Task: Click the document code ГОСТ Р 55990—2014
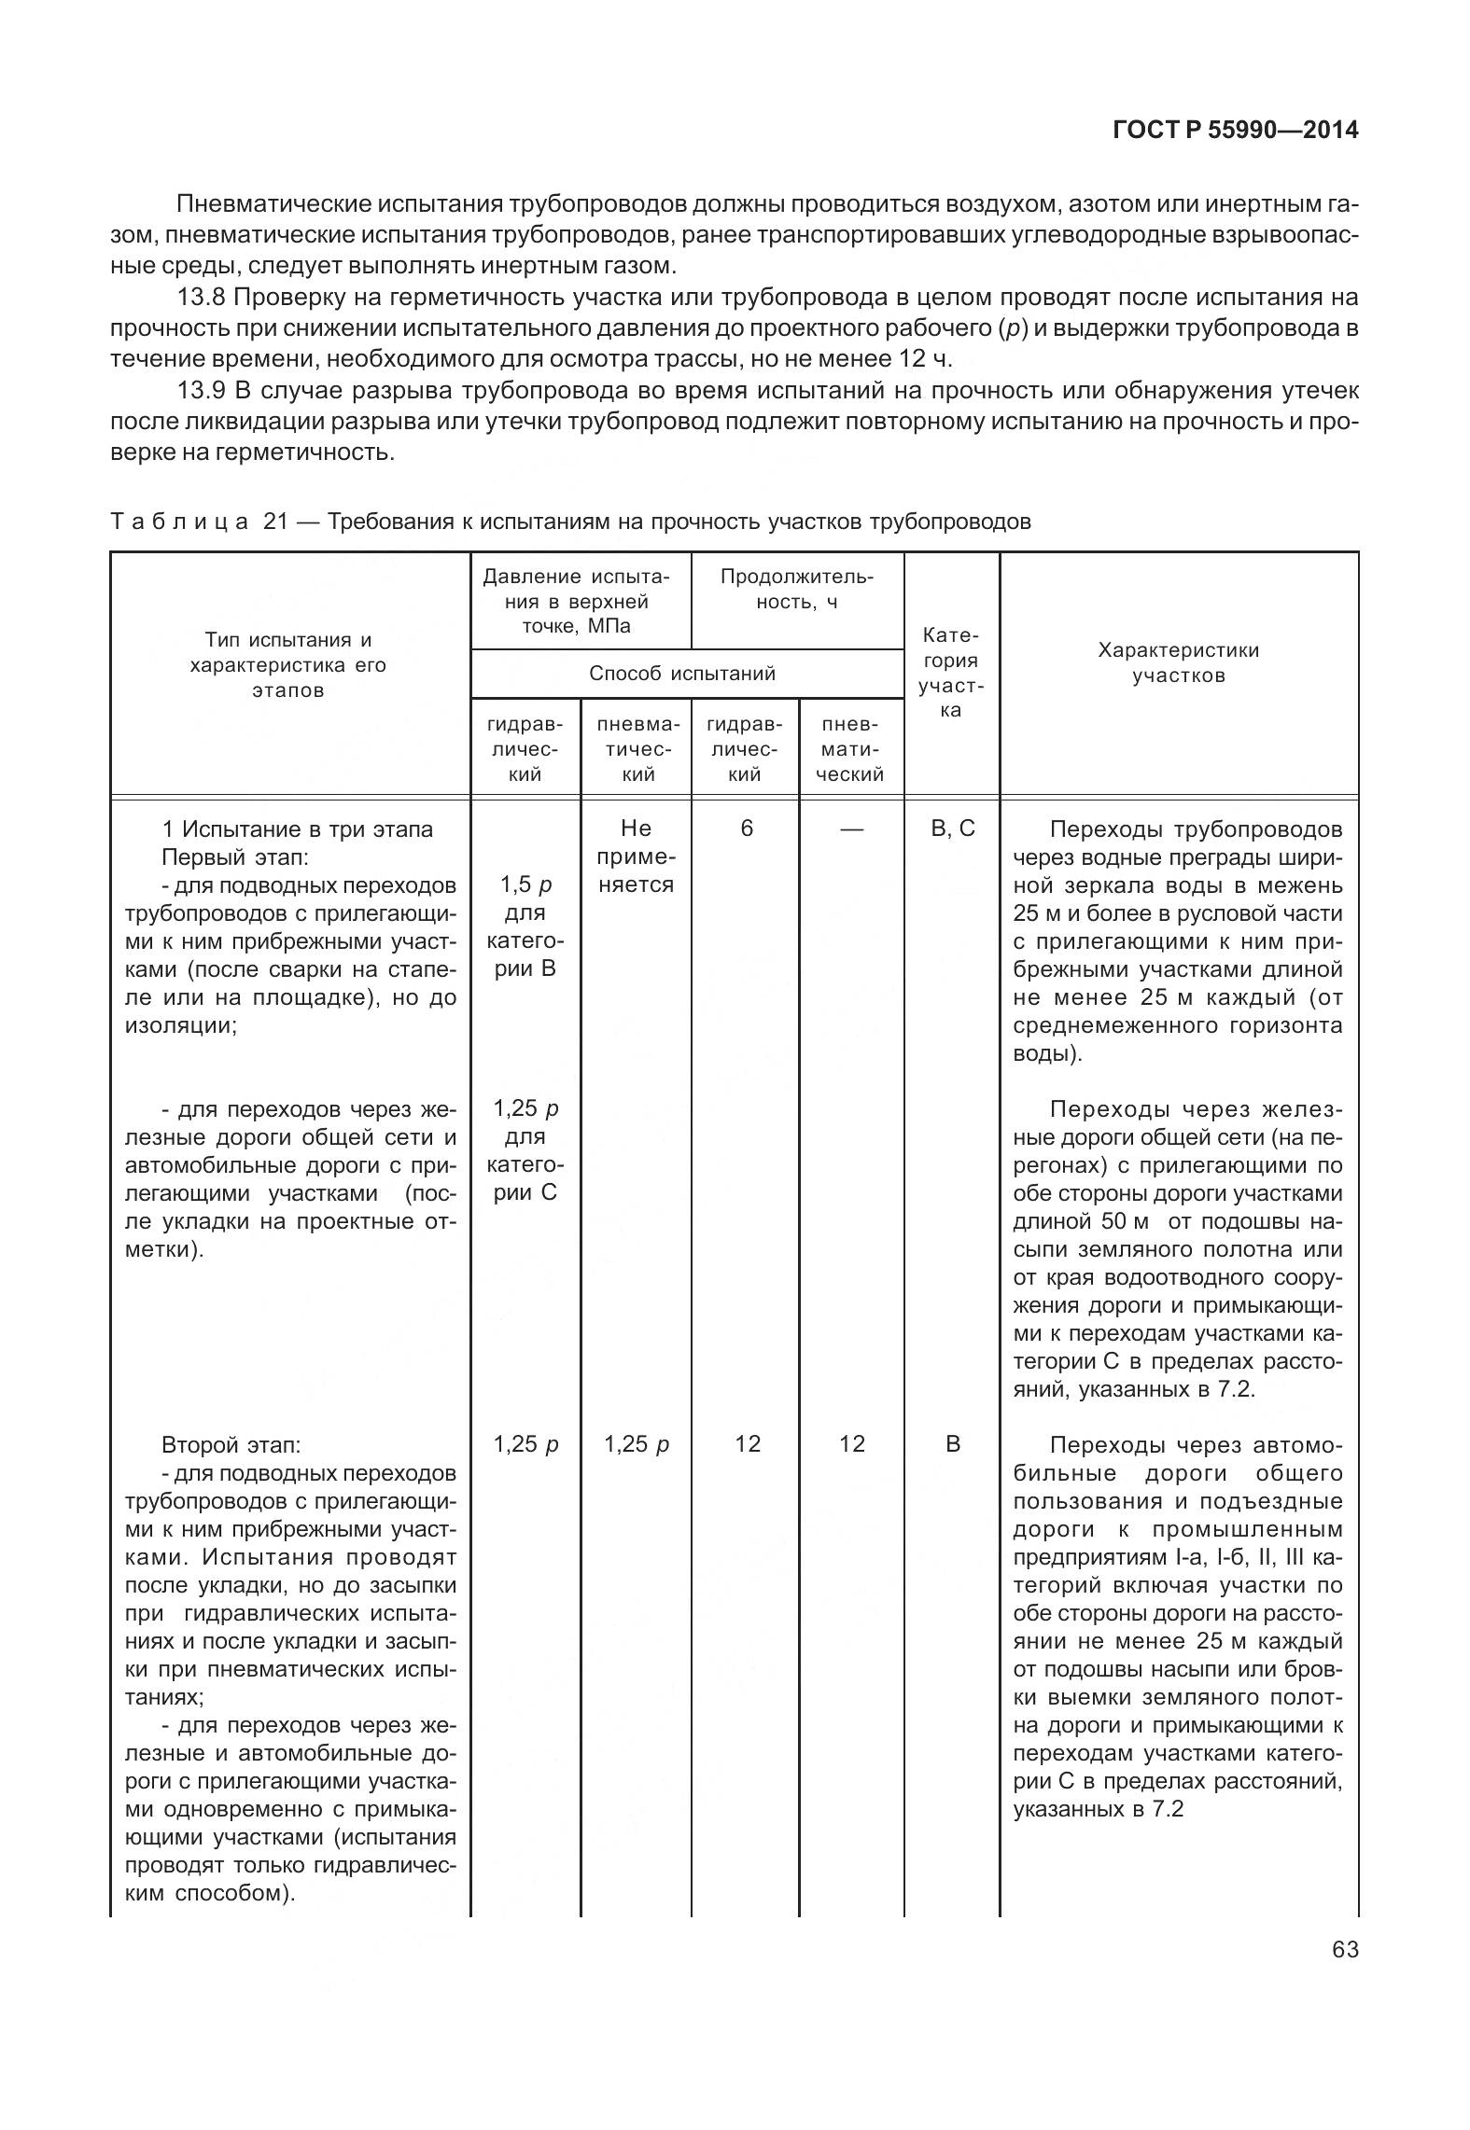1236,131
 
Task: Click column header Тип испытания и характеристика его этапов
288,665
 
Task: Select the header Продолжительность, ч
796,590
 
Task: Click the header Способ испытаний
681,674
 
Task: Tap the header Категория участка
950,673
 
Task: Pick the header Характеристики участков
1178,662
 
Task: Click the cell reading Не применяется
636,856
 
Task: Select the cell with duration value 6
747,828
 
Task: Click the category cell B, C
952,828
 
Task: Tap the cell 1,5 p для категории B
525,926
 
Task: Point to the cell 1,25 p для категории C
525,1150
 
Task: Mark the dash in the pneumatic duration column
851,828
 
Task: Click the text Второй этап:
231,1445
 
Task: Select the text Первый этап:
234,856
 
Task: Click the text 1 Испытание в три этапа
297,828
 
